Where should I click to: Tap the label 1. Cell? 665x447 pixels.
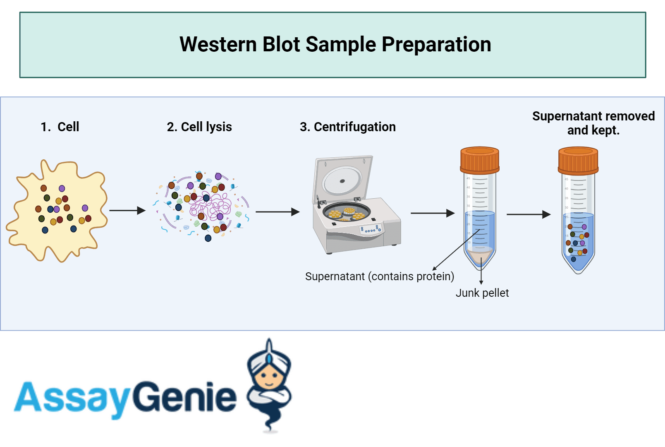pos(60,127)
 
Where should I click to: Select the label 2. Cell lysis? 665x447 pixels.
pos(199,127)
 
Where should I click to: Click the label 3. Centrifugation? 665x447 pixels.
pos(347,127)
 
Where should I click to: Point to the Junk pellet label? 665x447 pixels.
pos(482,293)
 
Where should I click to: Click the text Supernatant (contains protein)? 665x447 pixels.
pos(379,276)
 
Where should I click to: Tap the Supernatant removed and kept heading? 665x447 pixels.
pos(593,123)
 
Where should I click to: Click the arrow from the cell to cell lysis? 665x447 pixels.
pos(127,211)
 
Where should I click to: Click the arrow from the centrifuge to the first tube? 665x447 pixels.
pos(432,213)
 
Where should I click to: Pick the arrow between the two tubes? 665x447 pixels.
pos(528,214)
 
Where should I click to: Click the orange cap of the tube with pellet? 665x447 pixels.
pos(480,160)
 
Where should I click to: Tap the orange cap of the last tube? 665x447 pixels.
pos(578,161)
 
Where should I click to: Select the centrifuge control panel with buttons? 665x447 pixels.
pos(371,229)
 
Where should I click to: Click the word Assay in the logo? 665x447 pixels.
pos(72,397)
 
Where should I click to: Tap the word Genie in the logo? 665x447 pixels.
pos(184,397)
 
